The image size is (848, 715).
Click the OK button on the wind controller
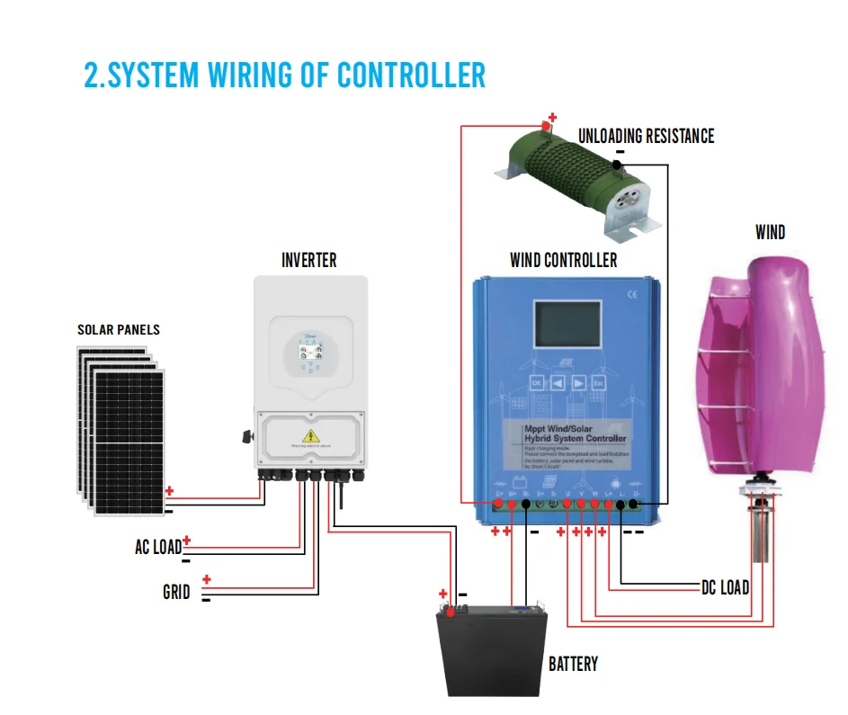pos(537,381)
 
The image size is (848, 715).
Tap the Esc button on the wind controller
pos(599,381)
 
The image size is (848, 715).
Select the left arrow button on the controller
pos(558,381)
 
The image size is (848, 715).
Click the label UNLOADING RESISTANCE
pos(646,136)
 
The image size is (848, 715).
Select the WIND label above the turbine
pos(770,233)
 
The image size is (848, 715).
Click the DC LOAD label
pos(725,588)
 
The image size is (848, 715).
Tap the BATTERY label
pos(573,665)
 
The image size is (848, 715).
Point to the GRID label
pos(176,593)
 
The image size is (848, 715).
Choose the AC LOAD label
pos(157,547)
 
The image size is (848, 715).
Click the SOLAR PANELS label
pos(119,330)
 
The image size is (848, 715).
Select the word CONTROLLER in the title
pos(411,76)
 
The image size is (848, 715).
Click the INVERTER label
pos(308,261)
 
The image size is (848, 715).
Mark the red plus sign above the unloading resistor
pos(552,118)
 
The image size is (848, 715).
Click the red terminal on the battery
pos(448,608)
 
